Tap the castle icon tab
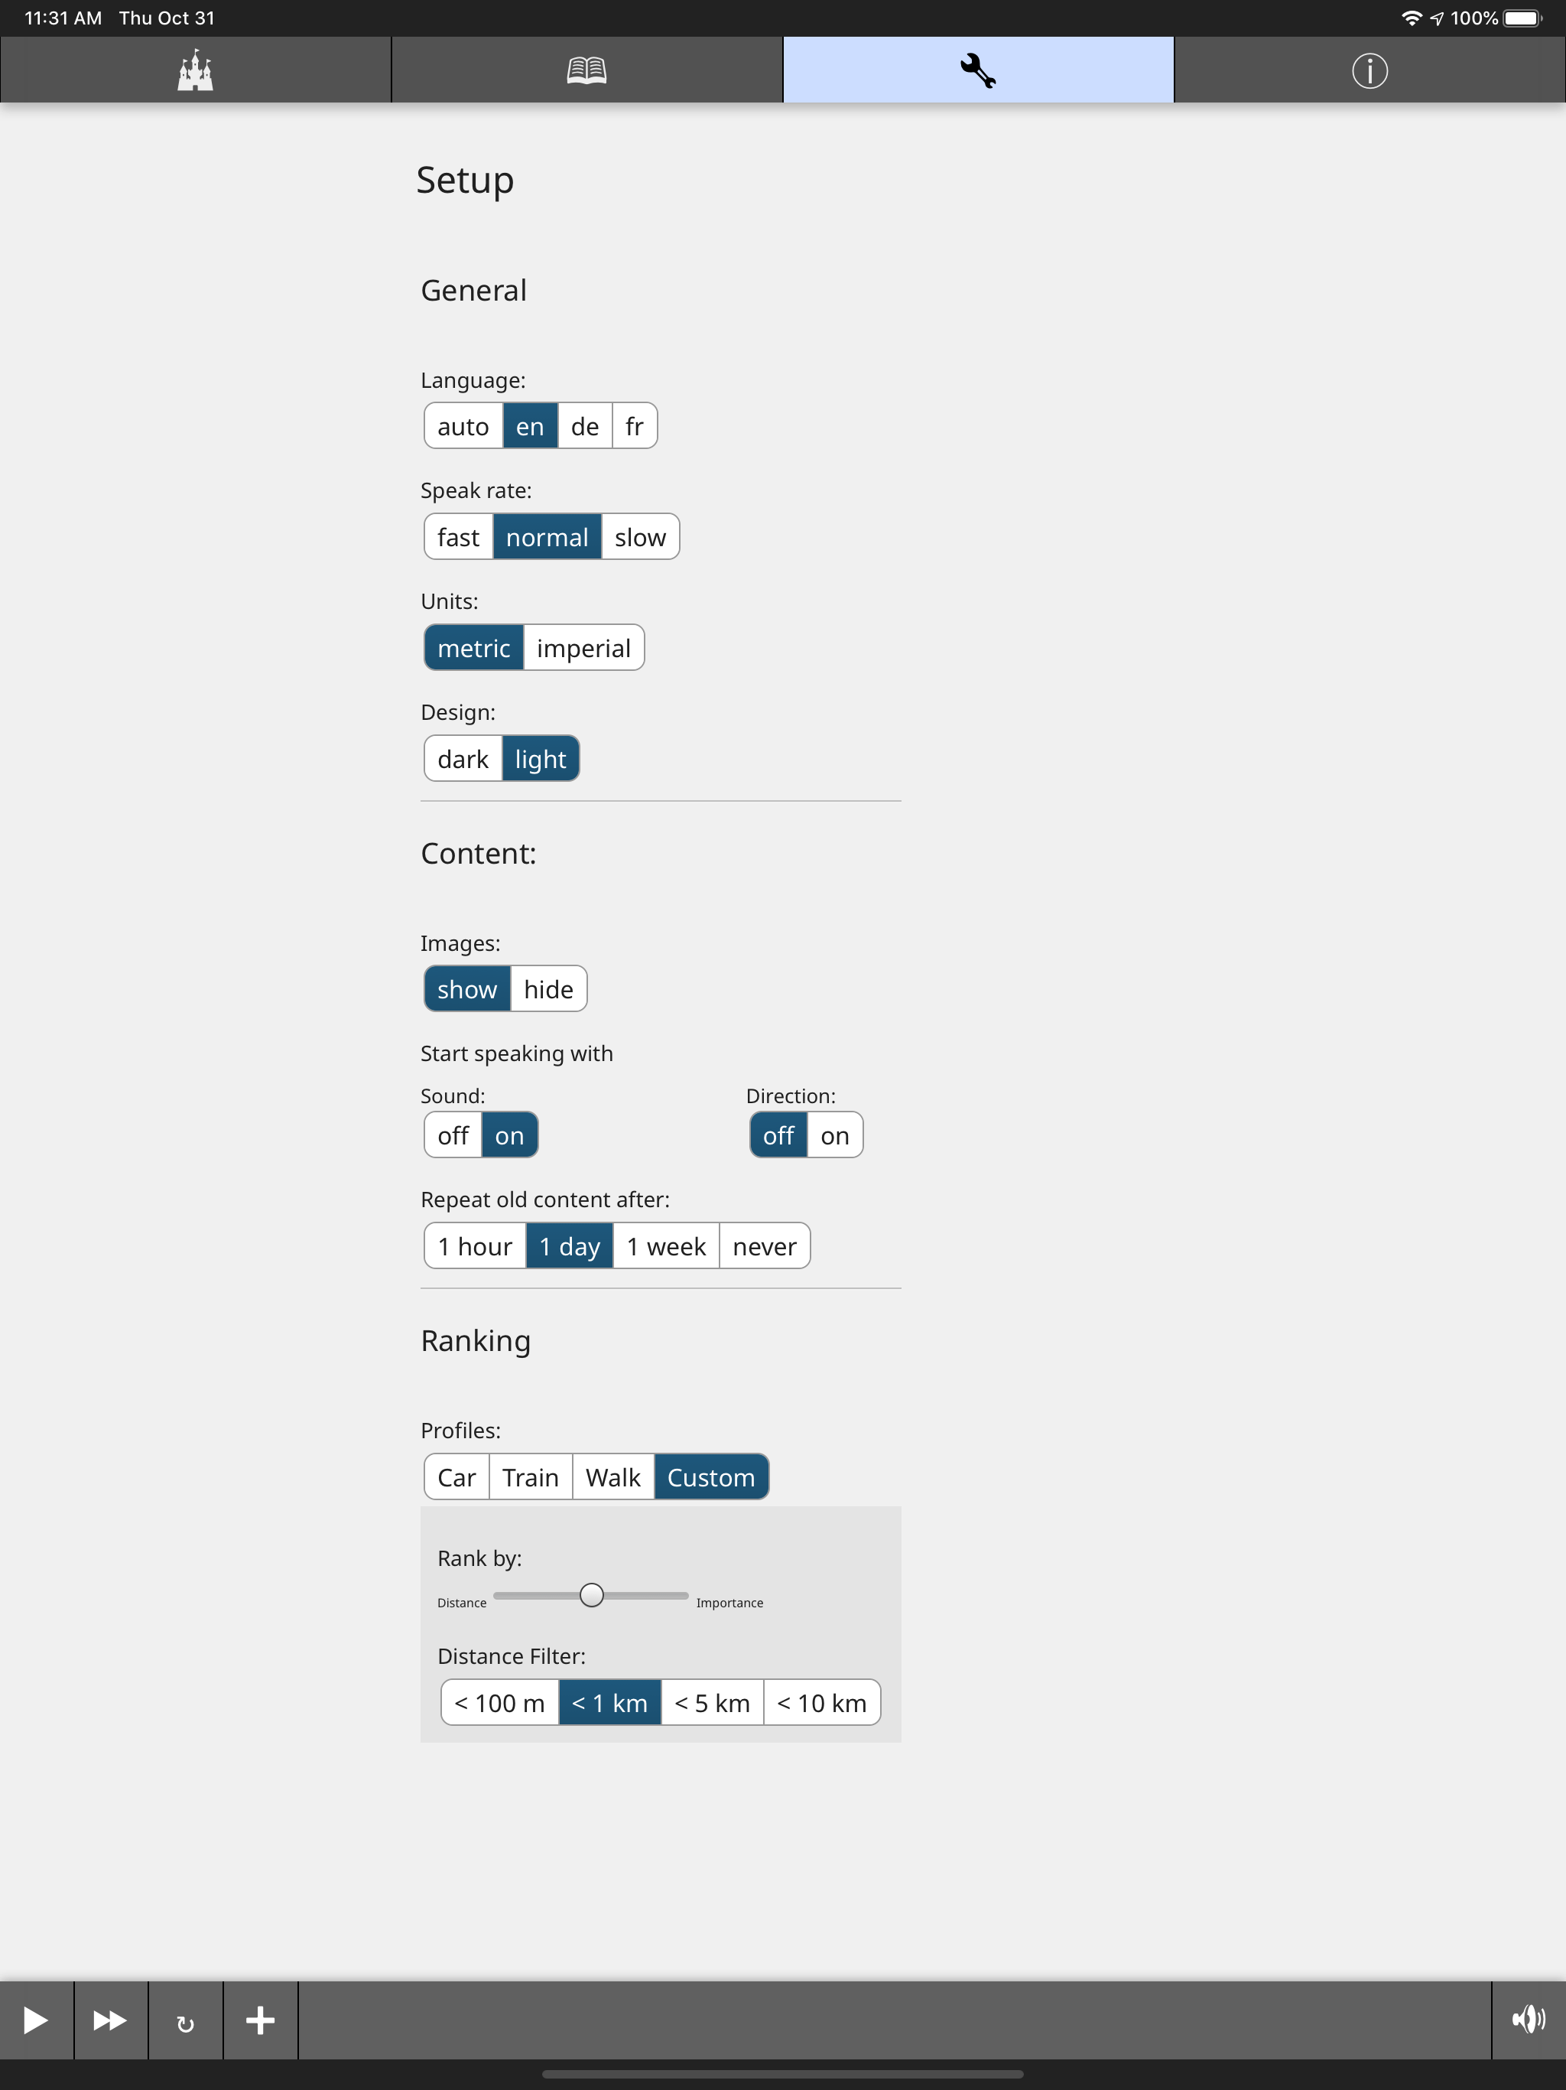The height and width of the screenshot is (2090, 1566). (x=196, y=70)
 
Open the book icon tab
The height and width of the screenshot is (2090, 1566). (x=586, y=70)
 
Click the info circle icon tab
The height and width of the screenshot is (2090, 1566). (x=1369, y=70)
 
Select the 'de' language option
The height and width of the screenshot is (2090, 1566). (x=585, y=426)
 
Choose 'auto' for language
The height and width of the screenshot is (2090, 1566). (x=463, y=426)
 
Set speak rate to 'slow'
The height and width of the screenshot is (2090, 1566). (x=640, y=537)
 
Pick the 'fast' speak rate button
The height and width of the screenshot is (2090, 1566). (x=458, y=537)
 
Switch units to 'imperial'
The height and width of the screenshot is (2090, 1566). (x=583, y=647)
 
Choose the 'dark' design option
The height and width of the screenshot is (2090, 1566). (x=463, y=759)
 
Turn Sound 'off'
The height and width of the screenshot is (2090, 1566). (x=453, y=1135)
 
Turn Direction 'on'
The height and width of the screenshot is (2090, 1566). (x=835, y=1135)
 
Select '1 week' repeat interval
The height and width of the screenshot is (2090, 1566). (x=666, y=1246)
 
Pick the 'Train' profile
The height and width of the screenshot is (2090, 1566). (x=531, y=1476)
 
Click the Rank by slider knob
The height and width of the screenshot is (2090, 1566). (x=591, y=1595)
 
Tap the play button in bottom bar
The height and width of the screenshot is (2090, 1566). (x=36, y=2020)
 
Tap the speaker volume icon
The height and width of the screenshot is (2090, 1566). (x=1529, y=2020)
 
